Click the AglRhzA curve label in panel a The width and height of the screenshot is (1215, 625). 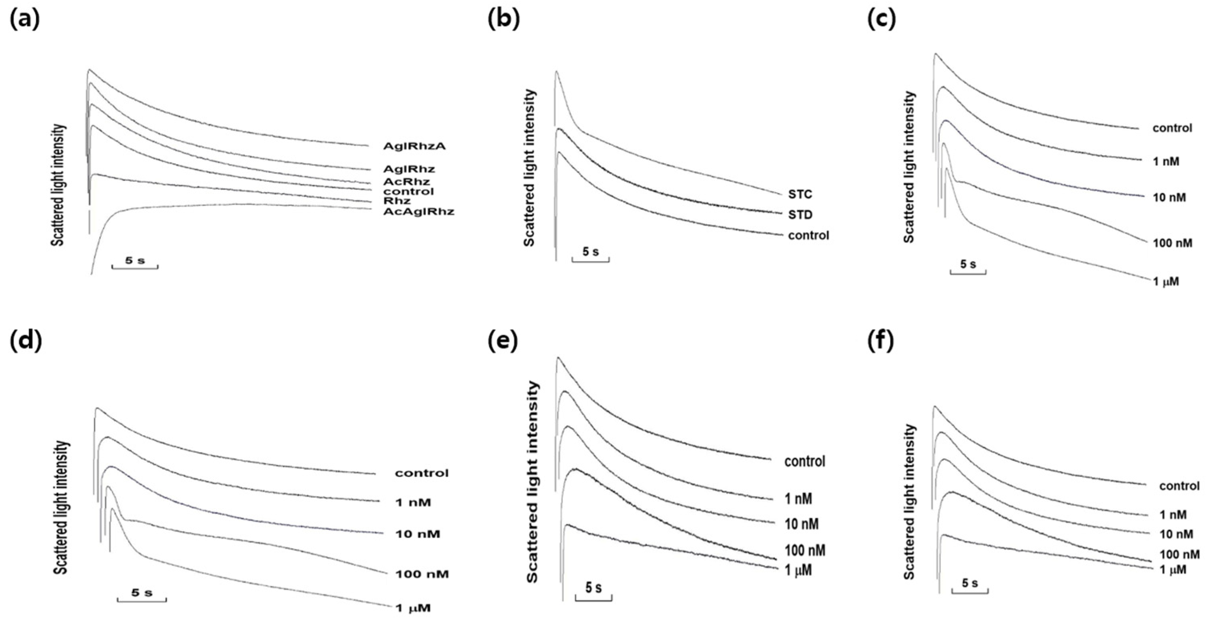(x=414, y=146)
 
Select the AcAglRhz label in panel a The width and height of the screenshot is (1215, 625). (x=418, y=211)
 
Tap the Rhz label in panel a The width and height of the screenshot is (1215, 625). (x=397, y=201)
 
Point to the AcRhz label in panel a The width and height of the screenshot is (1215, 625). (x=406, y=182)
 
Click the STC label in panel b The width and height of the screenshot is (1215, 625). (x=800, y=194)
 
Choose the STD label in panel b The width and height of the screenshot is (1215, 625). (x=800, y=215)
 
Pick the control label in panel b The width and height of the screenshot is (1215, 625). (x=808, y=235)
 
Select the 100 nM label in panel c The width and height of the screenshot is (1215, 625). (x=1172, y=243)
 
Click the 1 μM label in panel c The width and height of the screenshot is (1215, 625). (x=1165, y=281)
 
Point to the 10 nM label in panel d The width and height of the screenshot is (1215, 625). (x=417, y=535)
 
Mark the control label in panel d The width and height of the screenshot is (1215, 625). (x=422, y=473)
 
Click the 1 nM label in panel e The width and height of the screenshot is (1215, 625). (x=798, y=498)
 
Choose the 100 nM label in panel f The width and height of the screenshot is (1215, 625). (x=1179, y=554)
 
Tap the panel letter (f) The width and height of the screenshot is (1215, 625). (x=880, y=342)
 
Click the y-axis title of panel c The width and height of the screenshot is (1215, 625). (x=909, y=168)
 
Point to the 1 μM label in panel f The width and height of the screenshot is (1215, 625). (x=1173, y=570)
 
